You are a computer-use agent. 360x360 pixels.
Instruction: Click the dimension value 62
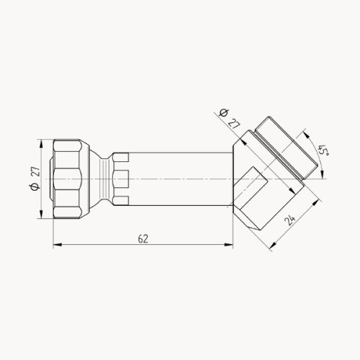click(x=143, y=239)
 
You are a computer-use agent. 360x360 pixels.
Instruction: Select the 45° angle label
click(x=323, y=150)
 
